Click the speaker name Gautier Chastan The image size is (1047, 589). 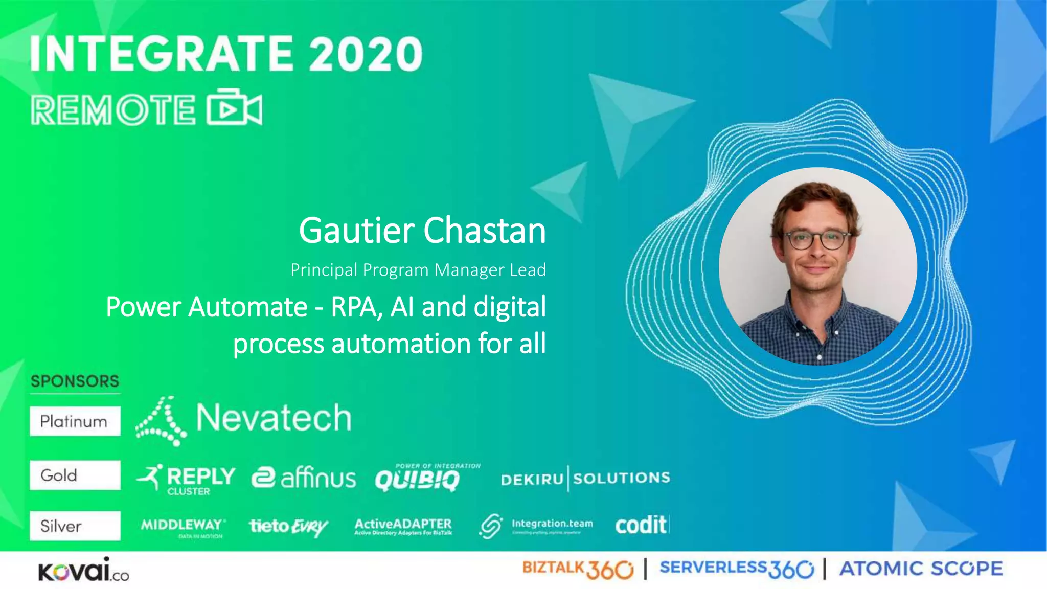pos(422,231)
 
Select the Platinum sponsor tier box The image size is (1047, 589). pos(75,421)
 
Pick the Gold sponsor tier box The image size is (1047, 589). pos(75,475)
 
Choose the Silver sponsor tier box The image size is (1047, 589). pos(75,526)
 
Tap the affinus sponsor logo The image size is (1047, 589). pos(304,478)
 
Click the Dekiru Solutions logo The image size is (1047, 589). pos(585,479)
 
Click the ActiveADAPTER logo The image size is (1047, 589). pos(403,526)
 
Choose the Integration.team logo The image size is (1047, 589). pos(536,526)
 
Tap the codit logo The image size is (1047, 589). pos(642,525)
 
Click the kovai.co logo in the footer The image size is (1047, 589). pos(83,570)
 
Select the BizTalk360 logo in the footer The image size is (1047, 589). pos(577,569)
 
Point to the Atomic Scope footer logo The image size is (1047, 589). pos(921,569)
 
